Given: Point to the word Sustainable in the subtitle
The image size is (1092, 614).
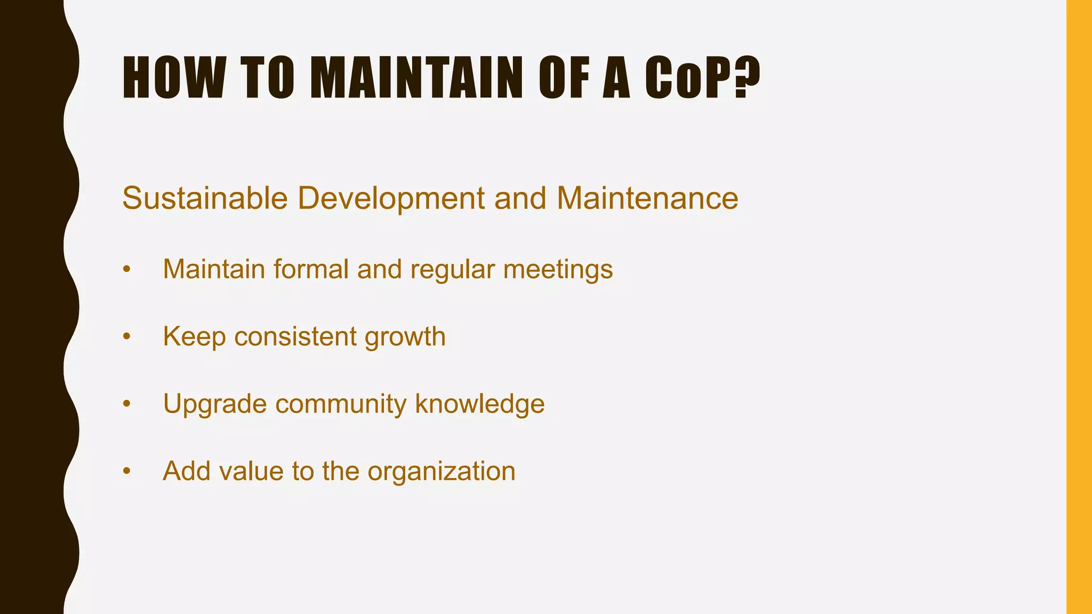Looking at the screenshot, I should coord(205,198).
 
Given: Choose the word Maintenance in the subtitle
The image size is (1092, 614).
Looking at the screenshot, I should coord(647,198).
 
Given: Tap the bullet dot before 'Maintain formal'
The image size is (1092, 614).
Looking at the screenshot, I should coord(126,269).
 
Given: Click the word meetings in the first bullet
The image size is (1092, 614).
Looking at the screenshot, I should coord(558,270).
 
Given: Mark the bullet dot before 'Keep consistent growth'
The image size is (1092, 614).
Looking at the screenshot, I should coord(126,337).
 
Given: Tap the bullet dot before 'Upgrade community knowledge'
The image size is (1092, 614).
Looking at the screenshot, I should coord(126,404).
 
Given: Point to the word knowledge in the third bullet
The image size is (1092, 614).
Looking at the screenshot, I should coord(480,404).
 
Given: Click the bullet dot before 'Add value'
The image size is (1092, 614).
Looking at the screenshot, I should coord(126,471).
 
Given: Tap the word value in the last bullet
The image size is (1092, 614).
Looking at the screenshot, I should coord(251,471).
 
